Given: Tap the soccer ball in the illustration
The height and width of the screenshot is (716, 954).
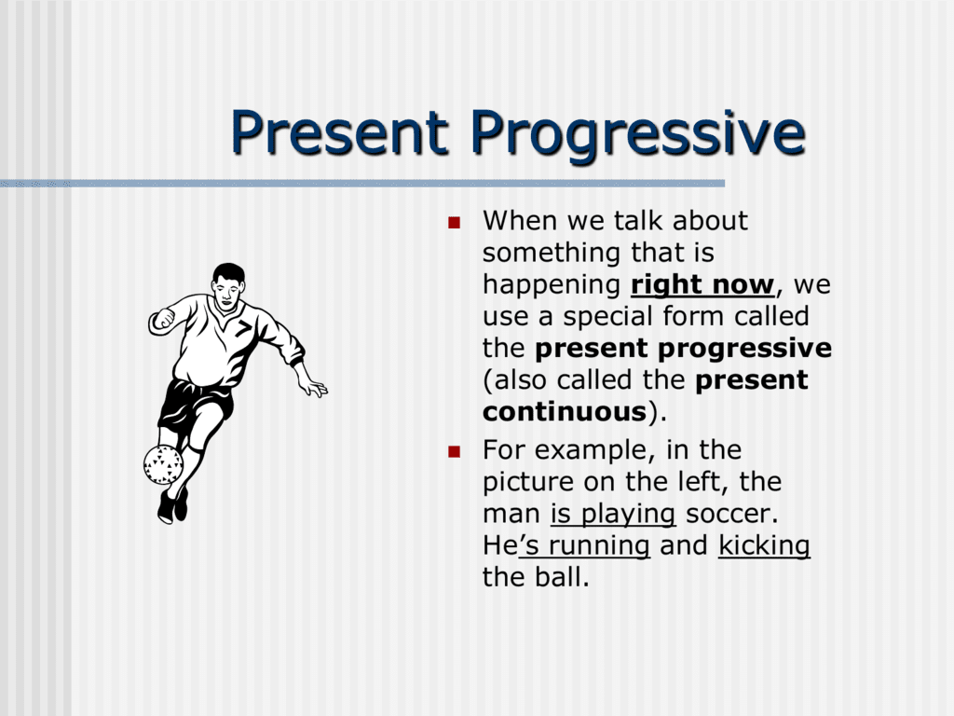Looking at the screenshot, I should (x=163, y=463).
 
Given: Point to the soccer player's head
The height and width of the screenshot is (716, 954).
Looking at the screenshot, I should (x=228, y=281).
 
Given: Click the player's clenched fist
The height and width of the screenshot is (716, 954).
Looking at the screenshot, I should (x=163, y=319).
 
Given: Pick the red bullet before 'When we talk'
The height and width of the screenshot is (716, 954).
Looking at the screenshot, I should (x=454, y=223).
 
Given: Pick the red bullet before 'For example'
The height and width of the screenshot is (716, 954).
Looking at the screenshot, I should (x=454, y=452).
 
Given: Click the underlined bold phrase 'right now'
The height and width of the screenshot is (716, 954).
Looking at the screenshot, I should (x=702, y=284).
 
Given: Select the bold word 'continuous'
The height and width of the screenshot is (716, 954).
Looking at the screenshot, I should (x=564, y=411).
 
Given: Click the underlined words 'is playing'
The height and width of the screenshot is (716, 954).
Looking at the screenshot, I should (x=612, y=514).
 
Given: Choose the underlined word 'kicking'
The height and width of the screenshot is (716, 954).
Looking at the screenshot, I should (x=764, y=545).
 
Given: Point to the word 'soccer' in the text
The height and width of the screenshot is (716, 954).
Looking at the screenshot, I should (x=730, y=514).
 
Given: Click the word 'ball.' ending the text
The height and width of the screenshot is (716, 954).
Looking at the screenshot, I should (x=562, y=577).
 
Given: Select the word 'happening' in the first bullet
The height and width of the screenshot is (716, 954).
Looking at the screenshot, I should (x=551, y=284).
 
